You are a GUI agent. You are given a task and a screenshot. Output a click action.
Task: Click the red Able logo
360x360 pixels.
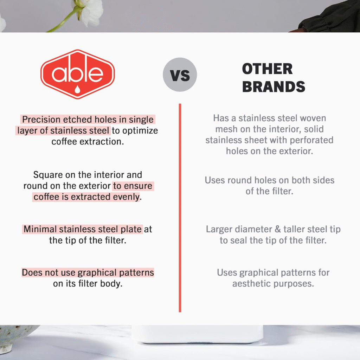click(x=78, y=74)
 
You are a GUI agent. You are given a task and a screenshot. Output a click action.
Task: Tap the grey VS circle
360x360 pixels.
click(x=180, y=75)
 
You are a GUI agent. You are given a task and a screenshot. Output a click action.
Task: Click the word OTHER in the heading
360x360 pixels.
click(x=267, y=69)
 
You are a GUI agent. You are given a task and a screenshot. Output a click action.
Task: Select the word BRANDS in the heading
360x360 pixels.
click(x=274, y=86)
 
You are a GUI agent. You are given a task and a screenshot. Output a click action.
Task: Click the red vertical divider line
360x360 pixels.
click(x=180, y=208)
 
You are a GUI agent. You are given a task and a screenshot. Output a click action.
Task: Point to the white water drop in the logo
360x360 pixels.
click(x=78, y=89)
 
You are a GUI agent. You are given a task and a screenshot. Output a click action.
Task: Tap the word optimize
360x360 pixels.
click(x=140, y=131)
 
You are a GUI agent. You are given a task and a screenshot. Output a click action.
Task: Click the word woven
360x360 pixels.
click(x=313, y=118)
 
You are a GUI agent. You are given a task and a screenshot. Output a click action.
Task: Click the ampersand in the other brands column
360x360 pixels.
click(x=278, y=229)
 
